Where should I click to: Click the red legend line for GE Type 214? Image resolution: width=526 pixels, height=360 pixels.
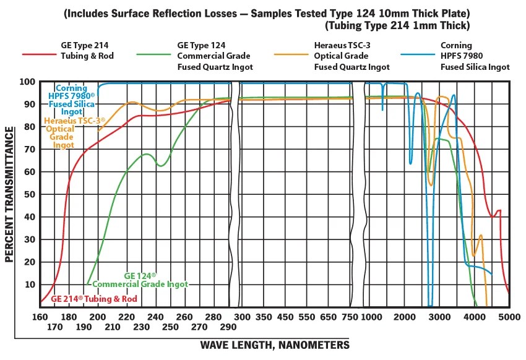coord(40,54)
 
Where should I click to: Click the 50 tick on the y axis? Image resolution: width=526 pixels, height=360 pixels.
coord(27,194)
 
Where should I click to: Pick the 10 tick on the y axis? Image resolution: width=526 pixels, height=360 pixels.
coord(27,285)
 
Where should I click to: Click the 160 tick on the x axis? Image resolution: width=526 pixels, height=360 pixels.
coord(40,317)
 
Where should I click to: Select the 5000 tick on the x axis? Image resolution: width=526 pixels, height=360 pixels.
coord(509,317)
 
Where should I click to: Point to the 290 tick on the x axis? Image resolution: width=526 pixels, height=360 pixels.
coord(227,327)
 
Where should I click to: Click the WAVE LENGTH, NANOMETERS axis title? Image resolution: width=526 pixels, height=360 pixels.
coord(275,345)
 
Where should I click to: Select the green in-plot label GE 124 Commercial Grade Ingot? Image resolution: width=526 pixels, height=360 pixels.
coord(140,280)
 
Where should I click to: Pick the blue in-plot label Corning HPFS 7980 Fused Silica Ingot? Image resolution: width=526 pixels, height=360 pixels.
coord(72,100)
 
